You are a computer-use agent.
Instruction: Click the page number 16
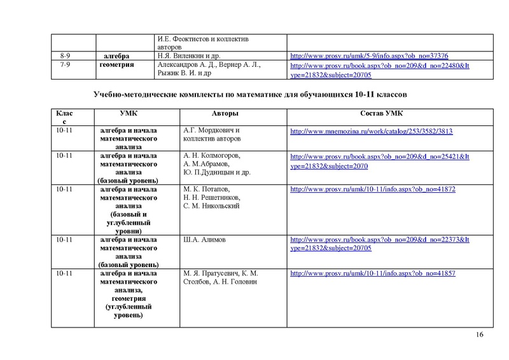(480, 335)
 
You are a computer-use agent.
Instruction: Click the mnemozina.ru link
(372, 132)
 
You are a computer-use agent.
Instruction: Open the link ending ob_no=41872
(372, 190)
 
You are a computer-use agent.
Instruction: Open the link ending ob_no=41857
(372, 273)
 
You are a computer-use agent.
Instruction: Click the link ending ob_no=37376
(370, 56)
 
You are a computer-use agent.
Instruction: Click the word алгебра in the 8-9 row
(116, 56)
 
